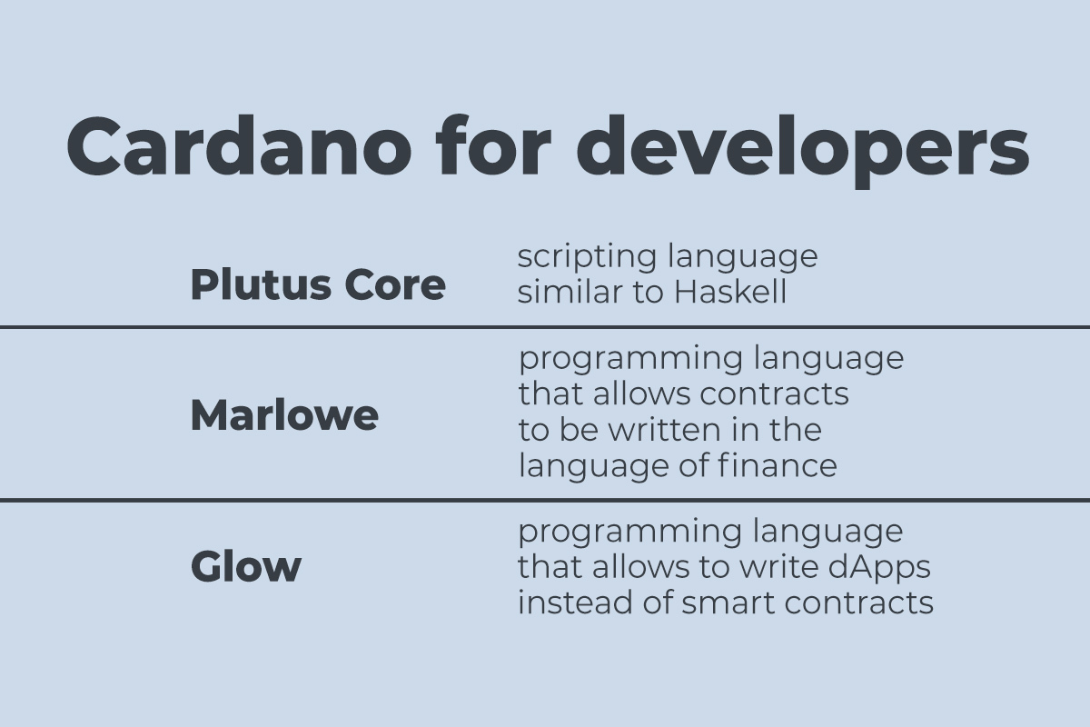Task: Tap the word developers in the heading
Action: coord(802,152)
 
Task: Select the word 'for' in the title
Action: coord(493,145)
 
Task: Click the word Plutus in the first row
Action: coord(261,284)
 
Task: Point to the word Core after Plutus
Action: coord(395,284)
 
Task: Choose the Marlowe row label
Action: coord(284,415)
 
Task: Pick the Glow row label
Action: coord(246,566)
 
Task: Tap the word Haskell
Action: coord(730,292)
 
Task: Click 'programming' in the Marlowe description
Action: coord(630,359)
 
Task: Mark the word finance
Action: coord(778,465)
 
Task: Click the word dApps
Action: coord(879,568)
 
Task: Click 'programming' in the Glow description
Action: coord(629,532)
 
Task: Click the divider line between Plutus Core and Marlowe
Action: coord(545,327)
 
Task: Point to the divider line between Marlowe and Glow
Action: coord(545,500)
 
